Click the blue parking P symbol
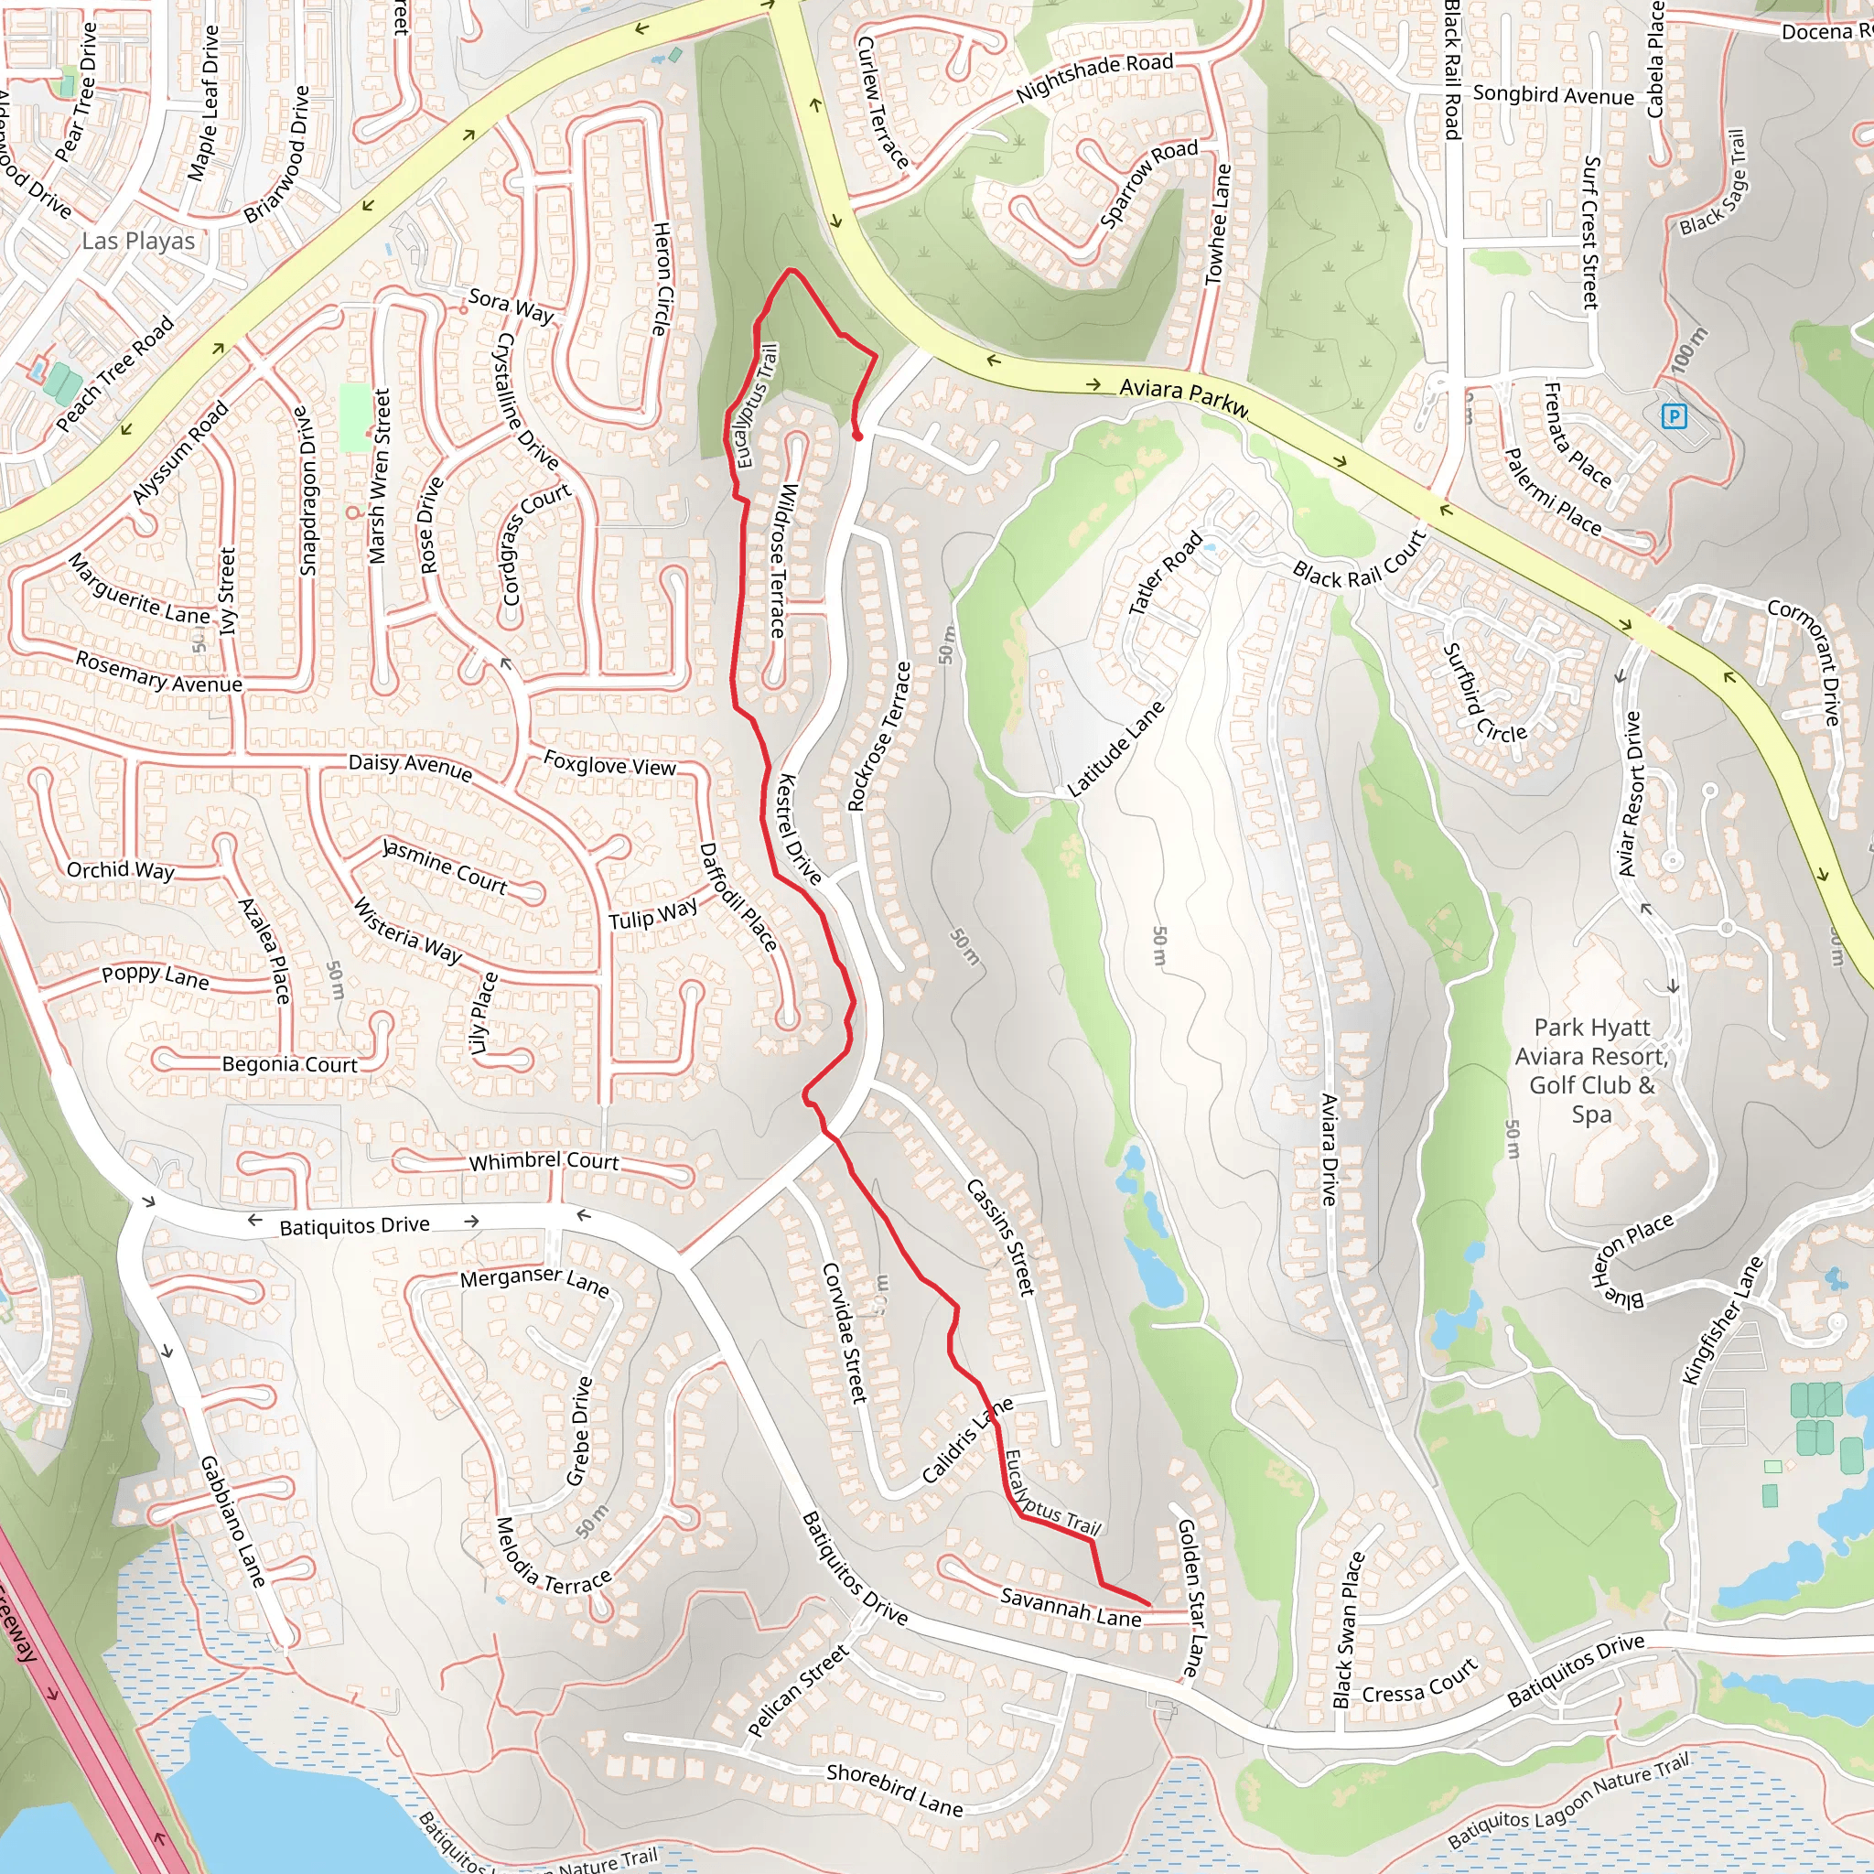(1675, 417)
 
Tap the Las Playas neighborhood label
(139, 241)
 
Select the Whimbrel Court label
(544, 1161)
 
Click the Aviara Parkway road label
(1183, 395)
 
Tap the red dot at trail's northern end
(858, 436)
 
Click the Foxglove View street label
(609, 763)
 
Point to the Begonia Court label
(290, 1064)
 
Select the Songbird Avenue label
(1553, 95)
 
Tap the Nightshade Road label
(1094, 79)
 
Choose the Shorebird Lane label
(894, 1790)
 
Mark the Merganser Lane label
(534, 1281)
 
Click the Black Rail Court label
(1359, 564)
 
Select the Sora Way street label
(512, 307)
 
